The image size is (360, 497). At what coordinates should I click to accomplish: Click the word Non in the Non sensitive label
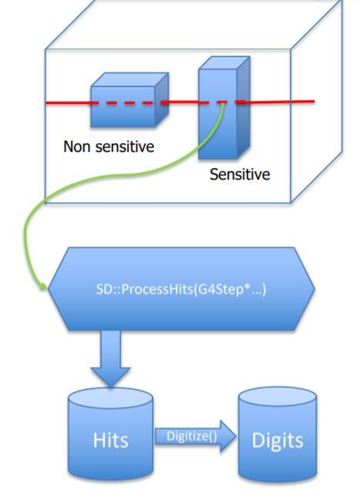[x=77, y=146]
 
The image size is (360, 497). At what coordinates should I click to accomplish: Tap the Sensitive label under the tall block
[x=240, y=174]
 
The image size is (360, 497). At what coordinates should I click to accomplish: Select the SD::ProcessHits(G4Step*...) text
[x=181, y=289]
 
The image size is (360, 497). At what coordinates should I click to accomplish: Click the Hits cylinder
[x=111, y=434]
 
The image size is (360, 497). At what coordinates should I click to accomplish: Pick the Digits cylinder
[x=278, y=435]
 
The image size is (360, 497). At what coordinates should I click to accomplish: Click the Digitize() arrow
[x=195, y=436]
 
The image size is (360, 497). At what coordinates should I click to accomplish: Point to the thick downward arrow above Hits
[x=110, y=359]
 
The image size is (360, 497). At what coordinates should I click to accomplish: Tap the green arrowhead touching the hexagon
[x=43, y=286]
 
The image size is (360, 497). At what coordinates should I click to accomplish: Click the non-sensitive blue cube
[x=130, y=100]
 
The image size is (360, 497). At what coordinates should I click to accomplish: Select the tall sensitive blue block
[x=224, y=108]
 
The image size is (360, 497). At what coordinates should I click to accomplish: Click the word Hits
[x=111, y=440]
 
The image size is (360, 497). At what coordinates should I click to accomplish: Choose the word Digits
[x=278, y=441]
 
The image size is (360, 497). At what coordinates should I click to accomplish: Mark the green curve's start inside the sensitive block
[x=223, y=103]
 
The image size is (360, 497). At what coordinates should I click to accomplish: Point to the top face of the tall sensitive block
[x=224, y=62]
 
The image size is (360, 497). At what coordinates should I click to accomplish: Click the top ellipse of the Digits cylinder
[x=278, y=397]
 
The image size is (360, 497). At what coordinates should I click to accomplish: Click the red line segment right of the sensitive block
[x=278, y=102]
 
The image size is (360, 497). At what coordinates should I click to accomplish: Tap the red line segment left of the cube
[x=68, y=102]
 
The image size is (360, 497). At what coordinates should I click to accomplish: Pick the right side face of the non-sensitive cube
[x=162, y=99]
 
